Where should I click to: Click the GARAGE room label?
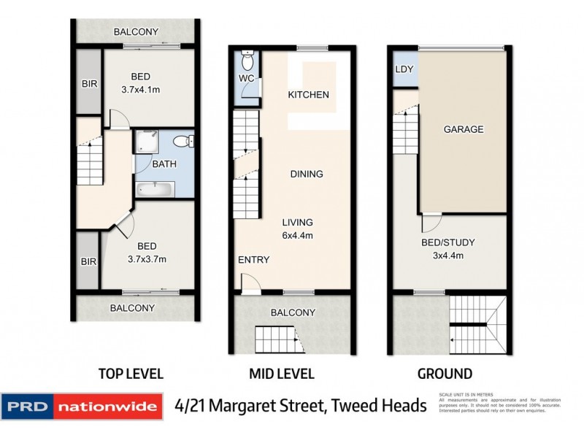coord(464,129)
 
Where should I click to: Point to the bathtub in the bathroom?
coord(155,189)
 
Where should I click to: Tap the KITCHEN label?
coord(308,95)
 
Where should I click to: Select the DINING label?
coord(307,174)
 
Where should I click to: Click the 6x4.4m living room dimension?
coord(298,235)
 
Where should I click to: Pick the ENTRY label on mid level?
coord(253,260)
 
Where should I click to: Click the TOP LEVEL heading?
coord(131,374)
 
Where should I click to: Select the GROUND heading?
coord(444,374)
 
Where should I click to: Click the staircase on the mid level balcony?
coord(277,340)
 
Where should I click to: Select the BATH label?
coord(164,164)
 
